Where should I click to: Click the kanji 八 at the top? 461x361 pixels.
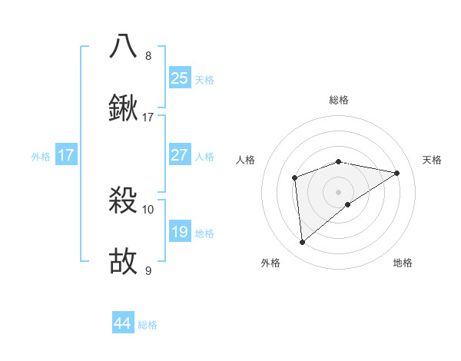[124, 47]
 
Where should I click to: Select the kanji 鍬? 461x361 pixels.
[124, 109]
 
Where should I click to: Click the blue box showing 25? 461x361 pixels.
[180, 78]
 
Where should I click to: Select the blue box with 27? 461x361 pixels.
[180, 155]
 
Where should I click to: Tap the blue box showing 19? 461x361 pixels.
[180, 232]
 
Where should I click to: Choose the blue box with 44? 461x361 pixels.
[123, 323]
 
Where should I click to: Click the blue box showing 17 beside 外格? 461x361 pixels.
[66, 155]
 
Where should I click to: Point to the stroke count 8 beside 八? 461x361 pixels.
[148, 56]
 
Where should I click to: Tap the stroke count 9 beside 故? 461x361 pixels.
[148, 270]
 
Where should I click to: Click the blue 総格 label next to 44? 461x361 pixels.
[148, 325]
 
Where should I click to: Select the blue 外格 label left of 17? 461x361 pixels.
[41, 157]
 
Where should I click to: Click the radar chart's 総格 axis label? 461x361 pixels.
[339, 100]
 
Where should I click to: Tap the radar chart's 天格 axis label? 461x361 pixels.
[432, 160]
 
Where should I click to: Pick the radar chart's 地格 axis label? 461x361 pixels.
[403, 263]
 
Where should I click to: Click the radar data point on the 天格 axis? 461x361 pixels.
[397, 173]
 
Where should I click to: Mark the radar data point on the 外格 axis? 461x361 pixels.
[303, 243]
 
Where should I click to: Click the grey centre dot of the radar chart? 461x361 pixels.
[339, 191]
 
